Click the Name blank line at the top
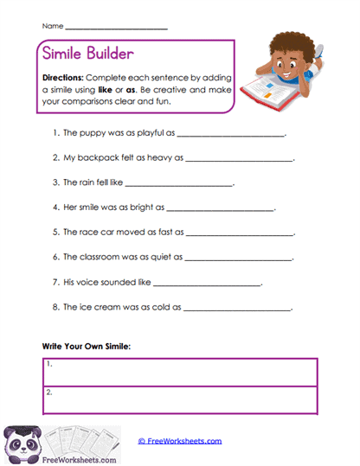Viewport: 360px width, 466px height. pyautogui.click(x=116, y=29)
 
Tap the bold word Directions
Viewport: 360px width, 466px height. pyautogui.click(x=62, y=77)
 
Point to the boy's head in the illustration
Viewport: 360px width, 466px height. pyautogui.click(x=290, y=48)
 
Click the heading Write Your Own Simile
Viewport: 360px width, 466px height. pyautogui.click(x=87, y=346)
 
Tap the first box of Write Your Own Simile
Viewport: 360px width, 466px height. pyautogui.click(x=181, y=372)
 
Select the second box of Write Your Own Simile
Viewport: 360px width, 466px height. pyautogui.click(x=181, y=399)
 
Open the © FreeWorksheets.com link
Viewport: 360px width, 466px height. pyautogui.click(x=180, y=441)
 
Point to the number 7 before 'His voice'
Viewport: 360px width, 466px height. pyautogui.click(x=54, y=282)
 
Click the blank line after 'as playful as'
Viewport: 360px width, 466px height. pyautogui.click(x=230, y=135)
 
